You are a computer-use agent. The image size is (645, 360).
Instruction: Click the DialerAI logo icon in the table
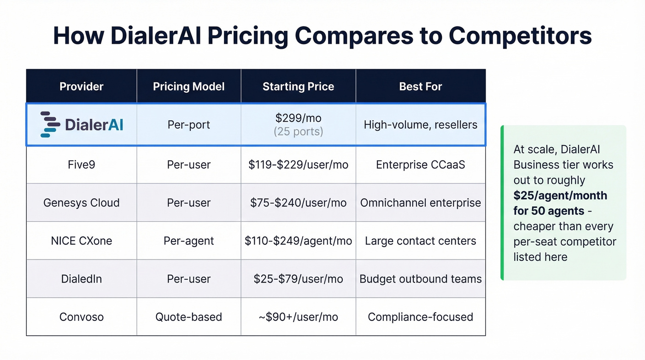click(50, 124)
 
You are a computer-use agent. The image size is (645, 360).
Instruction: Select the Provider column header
click(82, 86)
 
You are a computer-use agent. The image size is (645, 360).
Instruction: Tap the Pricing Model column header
click(189, 86)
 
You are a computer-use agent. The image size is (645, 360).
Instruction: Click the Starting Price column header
click(298, 86)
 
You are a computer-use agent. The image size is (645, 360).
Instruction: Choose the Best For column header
click(421, 86)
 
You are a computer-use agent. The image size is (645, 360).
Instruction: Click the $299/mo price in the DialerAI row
click(298, 118)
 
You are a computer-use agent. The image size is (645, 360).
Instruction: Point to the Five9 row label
click(82, 165)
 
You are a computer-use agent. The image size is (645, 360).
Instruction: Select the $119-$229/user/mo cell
click(298, 165)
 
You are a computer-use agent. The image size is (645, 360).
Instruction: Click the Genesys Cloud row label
click(82, 203)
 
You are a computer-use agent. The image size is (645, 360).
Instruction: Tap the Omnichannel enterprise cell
click(421, 203)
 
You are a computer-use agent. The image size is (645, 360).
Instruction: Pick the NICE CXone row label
click(82, 241)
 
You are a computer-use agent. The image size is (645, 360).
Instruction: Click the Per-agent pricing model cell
click(189, 241)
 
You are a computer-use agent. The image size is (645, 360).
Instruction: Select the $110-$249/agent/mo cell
click(298, 241)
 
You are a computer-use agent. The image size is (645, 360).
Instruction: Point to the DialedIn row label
click(82, 279)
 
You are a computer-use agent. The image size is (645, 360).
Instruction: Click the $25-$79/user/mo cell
click(298, 279)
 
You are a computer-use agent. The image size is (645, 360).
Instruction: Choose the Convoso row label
click(82, 317)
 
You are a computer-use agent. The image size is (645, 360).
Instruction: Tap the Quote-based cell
click(189, 317)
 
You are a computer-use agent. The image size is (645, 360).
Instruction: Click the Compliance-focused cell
click(421, 317)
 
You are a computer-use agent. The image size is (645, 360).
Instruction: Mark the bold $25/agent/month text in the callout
click(560, 195)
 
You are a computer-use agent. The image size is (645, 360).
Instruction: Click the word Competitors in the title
click(520, 35)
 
